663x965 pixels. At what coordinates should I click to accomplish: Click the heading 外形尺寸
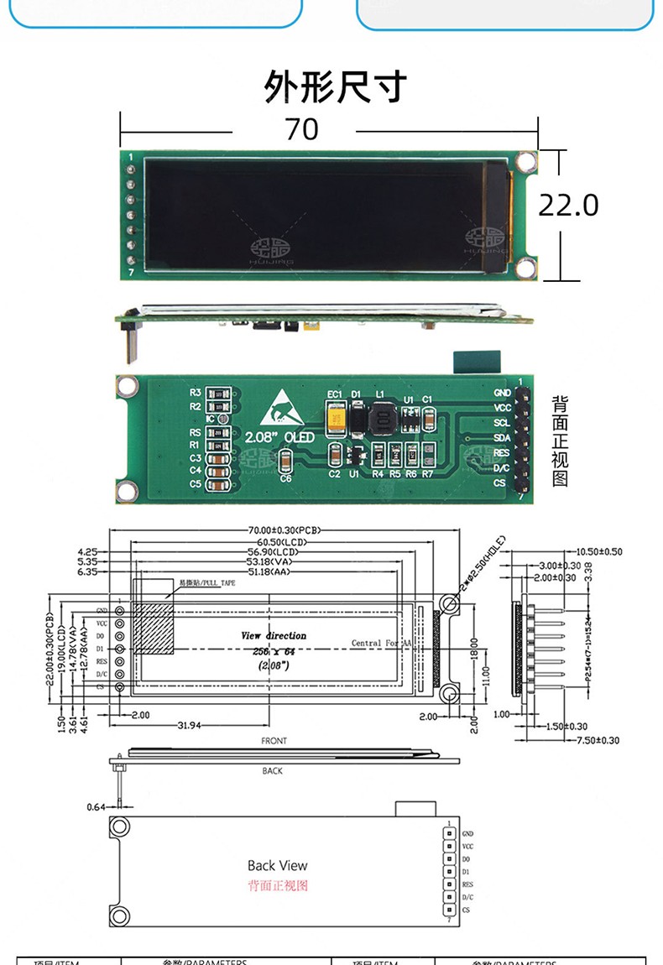335,86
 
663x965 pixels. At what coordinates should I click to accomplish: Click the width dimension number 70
301,129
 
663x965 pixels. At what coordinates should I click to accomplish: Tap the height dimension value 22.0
568,205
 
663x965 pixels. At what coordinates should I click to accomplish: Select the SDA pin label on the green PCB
501,437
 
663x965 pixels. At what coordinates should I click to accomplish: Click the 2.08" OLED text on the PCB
280,437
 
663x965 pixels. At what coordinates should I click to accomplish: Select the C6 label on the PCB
285,478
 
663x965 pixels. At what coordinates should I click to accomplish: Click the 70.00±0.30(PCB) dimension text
285,530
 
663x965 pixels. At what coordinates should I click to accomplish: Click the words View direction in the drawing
274,636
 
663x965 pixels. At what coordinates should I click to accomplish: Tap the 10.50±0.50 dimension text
600,551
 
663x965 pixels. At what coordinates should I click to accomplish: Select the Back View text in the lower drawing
277,865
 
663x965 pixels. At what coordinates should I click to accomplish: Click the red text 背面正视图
278,885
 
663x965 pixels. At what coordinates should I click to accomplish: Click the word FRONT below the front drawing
274,741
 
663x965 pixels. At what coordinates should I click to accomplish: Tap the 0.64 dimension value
97,807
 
